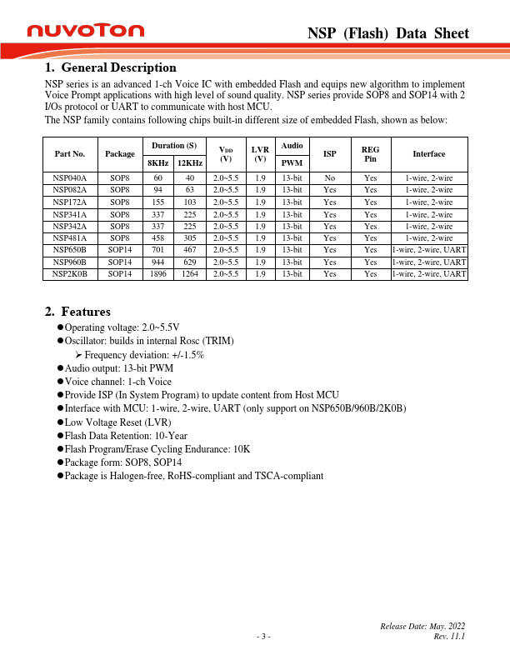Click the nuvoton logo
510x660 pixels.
(x=85, y=31)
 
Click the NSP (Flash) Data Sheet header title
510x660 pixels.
(x=388, y=33)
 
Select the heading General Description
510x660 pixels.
(x=110, y=67)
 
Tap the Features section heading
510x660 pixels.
(x=77, y=312)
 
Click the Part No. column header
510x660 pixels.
(x=69, y=154)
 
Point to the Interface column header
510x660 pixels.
(x=428, y=154)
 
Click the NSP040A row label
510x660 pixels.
(x=69, y=178)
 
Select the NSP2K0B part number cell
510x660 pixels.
(x=69, y=273)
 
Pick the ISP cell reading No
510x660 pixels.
(x=330, y=178)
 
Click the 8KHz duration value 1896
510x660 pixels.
(x=157, y=273)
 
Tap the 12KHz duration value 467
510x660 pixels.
(x=190, y=249)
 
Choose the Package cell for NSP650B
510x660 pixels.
(x=120, y=249)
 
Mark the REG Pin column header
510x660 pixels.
(x=371, y=154)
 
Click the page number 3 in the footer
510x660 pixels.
(x=263, y=637)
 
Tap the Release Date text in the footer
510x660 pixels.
(x=422, y=626)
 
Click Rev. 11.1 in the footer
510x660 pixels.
(x=449, y=636)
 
